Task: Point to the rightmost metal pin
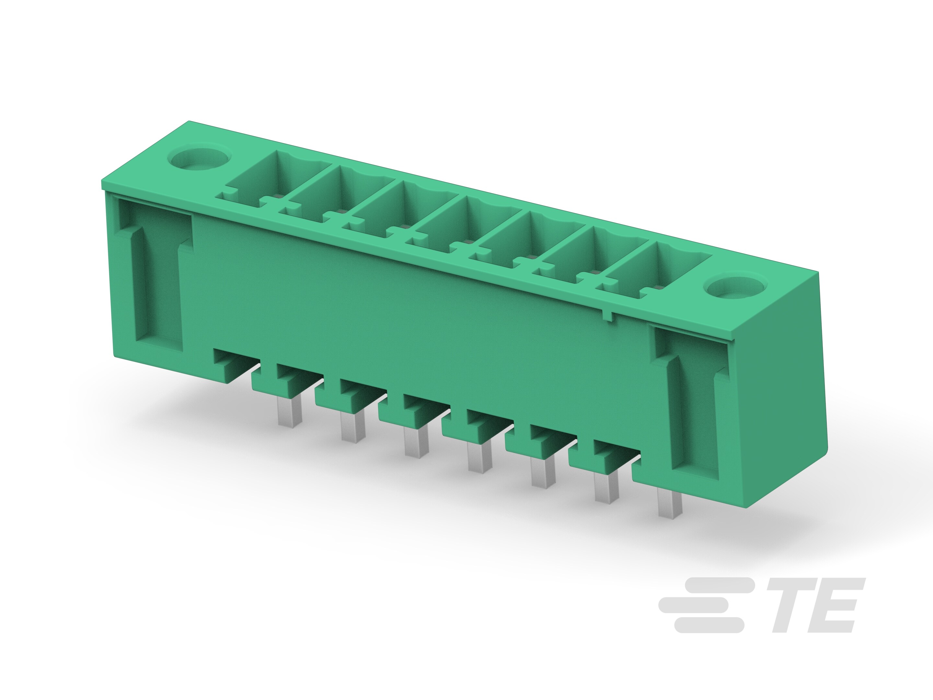[670, 505]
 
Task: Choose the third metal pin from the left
[417, 442]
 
